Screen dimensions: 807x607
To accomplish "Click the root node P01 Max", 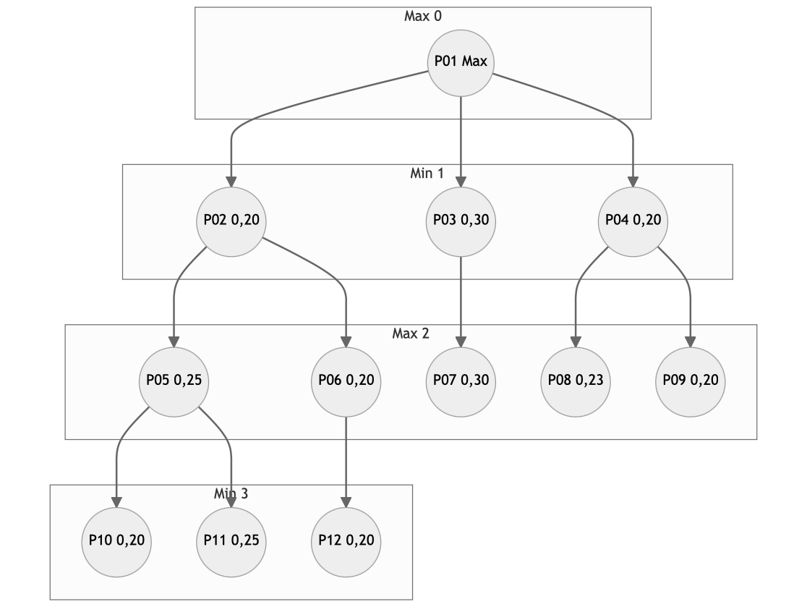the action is (461, 63).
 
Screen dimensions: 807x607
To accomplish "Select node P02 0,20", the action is (231, 222).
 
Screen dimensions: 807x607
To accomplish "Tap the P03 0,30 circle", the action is (461, 222).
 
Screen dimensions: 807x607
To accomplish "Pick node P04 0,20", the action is (633, 222).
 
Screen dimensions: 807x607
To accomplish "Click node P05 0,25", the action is (174, 382).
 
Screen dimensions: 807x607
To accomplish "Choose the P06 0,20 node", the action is (346, 382).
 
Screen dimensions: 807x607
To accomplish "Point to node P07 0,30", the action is (461, 382).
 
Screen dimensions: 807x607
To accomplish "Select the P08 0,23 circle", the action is (576, 382).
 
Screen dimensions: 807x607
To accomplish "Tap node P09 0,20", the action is (690, 382).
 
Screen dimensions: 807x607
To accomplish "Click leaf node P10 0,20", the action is (116, 542).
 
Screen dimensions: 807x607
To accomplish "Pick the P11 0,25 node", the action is (231, 542).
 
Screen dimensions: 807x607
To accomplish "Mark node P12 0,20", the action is (346, 542).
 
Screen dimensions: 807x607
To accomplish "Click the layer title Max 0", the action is (422, 16).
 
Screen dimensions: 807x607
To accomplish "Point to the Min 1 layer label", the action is (427, 173).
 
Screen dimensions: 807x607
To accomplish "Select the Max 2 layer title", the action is (410, 333).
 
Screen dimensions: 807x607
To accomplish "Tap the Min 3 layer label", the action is (231, 493).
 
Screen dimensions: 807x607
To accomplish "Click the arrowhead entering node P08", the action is (576, 342).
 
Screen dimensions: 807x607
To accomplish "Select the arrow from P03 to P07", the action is (461, 302).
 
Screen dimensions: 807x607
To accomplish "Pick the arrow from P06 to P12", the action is (346, 462).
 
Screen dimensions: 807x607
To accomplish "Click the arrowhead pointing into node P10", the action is (116, 503).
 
